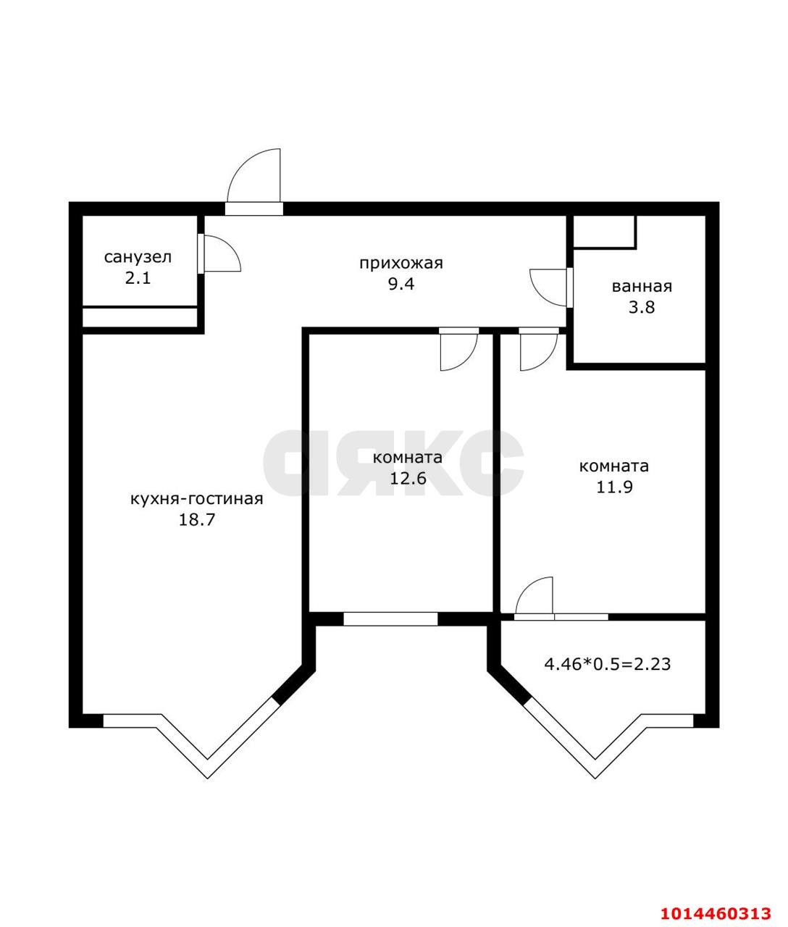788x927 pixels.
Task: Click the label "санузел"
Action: [x=138, y=257]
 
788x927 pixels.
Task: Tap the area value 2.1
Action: [x=138, y=278]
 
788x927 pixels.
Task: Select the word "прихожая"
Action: [x=401, y=263]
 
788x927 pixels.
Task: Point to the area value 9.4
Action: [x=401, y=284]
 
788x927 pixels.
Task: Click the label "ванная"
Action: [x=642, y=286]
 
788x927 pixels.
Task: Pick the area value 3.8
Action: [x=642, y=307]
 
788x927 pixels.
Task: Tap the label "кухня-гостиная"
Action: [x=196, y=499]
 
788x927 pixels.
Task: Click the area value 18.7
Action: [x=197, y=520]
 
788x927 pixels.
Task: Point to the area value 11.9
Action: [x=614, y=487]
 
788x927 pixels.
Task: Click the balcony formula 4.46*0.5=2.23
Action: [x=607, y=663]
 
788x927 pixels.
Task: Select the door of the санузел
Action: [x=220, y=254]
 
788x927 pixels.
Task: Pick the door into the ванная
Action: [x=550, y=287]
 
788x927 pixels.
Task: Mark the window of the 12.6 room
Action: [x=390, y=618]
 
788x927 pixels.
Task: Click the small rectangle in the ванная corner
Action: [x=604, y=232]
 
